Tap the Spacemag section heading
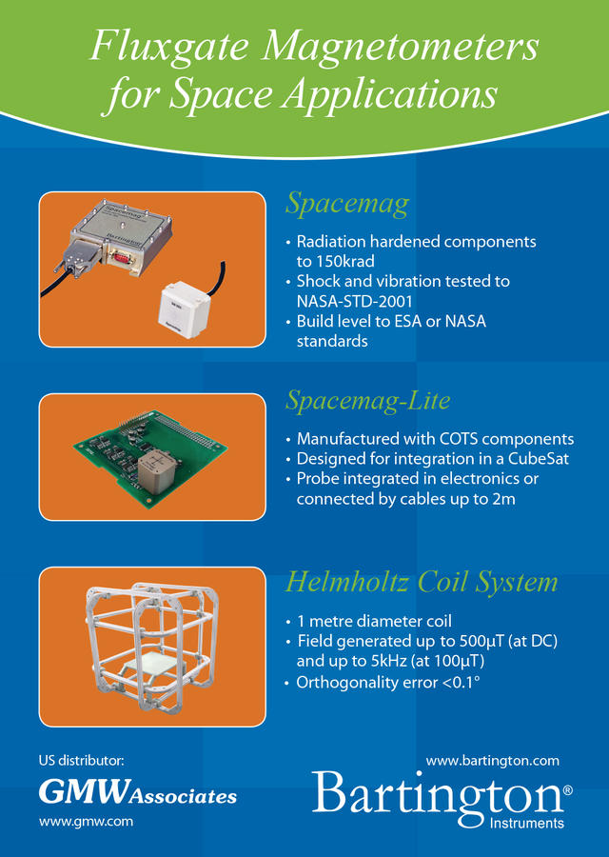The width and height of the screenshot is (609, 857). click(347, 204)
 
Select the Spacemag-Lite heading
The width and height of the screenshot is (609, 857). click(368, 400)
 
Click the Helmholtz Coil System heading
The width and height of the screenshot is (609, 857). click(422, 582)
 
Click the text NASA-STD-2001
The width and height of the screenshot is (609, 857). click(355, 301)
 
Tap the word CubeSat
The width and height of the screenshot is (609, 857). click(539, 458)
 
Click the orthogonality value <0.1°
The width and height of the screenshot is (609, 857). click(461, 682)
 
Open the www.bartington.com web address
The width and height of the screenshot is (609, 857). click(493, 761)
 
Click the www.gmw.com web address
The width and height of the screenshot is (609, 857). click(86, 822)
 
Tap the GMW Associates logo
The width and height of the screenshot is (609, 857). click(138, 792)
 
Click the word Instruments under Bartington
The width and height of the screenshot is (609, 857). click(526, 823)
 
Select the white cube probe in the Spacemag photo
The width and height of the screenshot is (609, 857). click(184, 312)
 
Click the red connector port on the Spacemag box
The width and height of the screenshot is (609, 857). click(120, 254)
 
